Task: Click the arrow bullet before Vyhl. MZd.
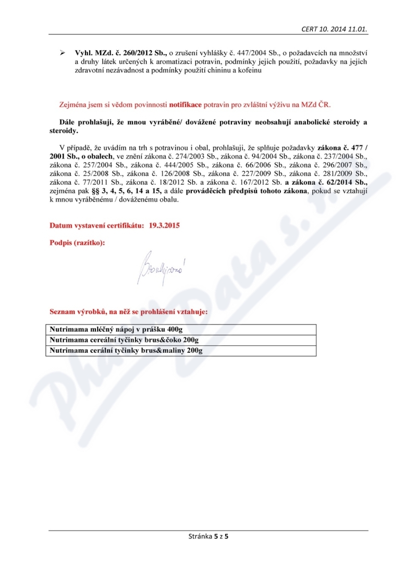(x=62, y=53)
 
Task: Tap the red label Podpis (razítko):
(x=77, y=243)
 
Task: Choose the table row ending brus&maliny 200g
(x=125, y=351)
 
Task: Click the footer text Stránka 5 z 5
(x=208, y=535)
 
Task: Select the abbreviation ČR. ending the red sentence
(x=332, y=104)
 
